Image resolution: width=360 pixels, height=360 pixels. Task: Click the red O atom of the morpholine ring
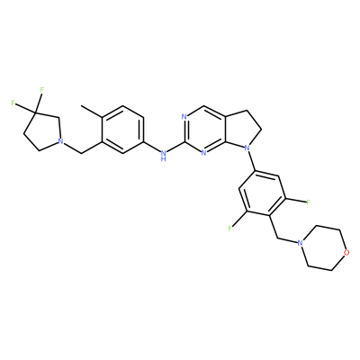tap(346, 252)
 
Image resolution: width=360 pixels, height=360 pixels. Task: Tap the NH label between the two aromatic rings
tap(163, 156)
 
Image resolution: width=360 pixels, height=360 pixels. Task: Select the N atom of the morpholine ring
tap(299, 243)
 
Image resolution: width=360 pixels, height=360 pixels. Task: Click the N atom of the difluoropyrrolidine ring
tap(61, 141)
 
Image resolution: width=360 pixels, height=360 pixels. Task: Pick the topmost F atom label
tap(42, 89)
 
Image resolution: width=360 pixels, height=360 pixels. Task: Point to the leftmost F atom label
tap(13, 103)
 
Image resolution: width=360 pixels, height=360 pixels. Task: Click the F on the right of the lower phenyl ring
tap(308, 202)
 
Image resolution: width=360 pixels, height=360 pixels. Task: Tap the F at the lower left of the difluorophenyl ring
tap(230, 229)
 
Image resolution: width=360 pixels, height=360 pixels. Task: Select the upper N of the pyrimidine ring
tap(184, 117)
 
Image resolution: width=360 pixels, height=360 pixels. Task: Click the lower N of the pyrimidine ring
tap(203, 153)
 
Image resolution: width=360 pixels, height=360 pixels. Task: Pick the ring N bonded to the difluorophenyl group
tap(247, 148)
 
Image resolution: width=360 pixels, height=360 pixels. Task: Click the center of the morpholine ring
tap(323, 247)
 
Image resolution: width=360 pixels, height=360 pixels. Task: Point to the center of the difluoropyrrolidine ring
tap(43, 131)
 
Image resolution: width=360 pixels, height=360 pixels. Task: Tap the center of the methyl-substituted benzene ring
tap(122, 130)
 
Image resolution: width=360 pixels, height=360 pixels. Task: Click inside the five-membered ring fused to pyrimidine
tap(240, 129)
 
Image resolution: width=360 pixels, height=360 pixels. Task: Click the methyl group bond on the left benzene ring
tap(92, 112)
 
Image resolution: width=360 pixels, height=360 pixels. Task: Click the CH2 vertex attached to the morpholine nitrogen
tap(276, 238)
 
